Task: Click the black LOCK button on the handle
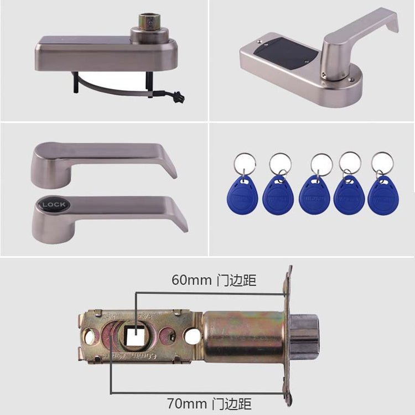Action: point(54,205)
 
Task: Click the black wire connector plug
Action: point(178,97)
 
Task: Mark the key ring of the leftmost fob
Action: point(244,163)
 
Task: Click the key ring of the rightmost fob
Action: point(382,163)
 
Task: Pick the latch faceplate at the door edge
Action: point(287,332)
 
